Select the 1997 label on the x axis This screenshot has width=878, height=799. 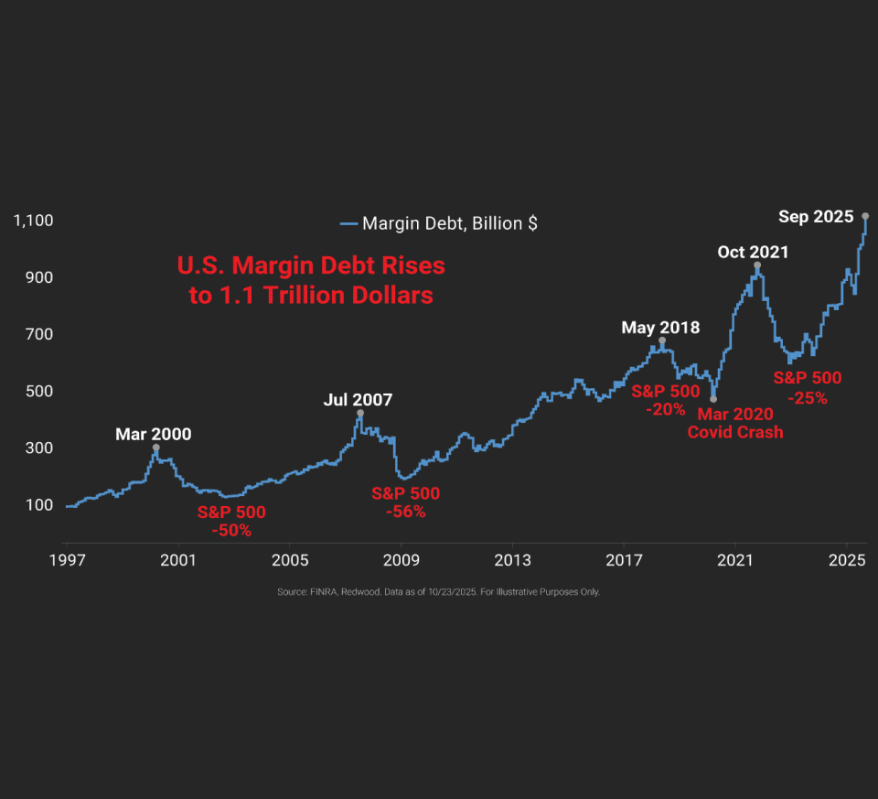(x=67, y=559)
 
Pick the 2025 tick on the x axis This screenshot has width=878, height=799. (x=846, y=559)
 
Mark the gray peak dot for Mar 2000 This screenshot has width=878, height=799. (x=155, y=448)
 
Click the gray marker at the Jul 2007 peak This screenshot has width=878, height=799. (x=360, y=413)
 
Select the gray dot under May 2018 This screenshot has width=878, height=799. (x=661, y=340)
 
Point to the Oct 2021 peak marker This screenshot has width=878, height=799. (x=757, y=265)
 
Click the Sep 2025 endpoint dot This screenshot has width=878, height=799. (x=865, y=216)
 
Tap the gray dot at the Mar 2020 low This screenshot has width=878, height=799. (x=712, y=399)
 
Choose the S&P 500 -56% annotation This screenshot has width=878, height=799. (x=405, y=502)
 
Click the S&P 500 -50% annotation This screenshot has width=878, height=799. (x=231, y=521)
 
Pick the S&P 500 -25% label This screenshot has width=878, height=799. (x=808, y=387)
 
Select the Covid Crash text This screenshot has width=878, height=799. (x=735, y=432)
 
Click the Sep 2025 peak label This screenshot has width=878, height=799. (x=816, y=217)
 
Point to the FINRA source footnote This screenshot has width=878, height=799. (x=438, y=592)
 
